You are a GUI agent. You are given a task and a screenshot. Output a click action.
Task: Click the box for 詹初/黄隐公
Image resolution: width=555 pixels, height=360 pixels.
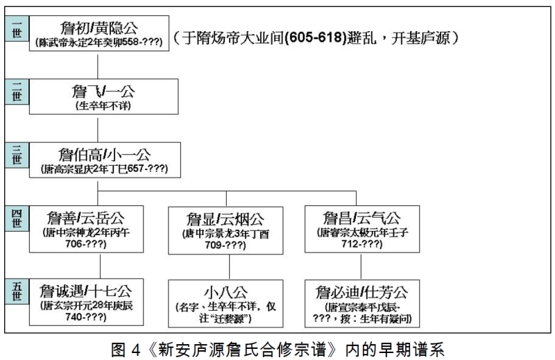click(99, 33)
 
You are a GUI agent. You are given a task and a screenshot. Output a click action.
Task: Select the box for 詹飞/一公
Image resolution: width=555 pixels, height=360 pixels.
click(99, 97)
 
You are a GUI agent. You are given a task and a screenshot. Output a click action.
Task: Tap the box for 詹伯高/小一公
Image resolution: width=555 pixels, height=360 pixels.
click(99, 160)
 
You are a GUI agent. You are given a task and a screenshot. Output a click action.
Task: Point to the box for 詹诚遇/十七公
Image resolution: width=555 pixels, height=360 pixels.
click(87, 302)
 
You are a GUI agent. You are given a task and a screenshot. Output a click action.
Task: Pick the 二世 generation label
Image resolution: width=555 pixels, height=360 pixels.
click(16, 92)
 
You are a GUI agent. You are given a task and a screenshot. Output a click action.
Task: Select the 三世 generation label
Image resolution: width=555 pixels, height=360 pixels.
click(16, 155)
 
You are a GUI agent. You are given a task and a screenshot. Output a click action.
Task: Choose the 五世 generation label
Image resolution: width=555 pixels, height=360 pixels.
click(16, 292)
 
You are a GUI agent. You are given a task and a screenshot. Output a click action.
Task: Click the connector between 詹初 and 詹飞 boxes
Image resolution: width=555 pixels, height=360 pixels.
click(99, 65)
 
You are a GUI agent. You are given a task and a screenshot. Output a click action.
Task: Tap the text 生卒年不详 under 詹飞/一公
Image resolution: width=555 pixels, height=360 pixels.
click(99, 105)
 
